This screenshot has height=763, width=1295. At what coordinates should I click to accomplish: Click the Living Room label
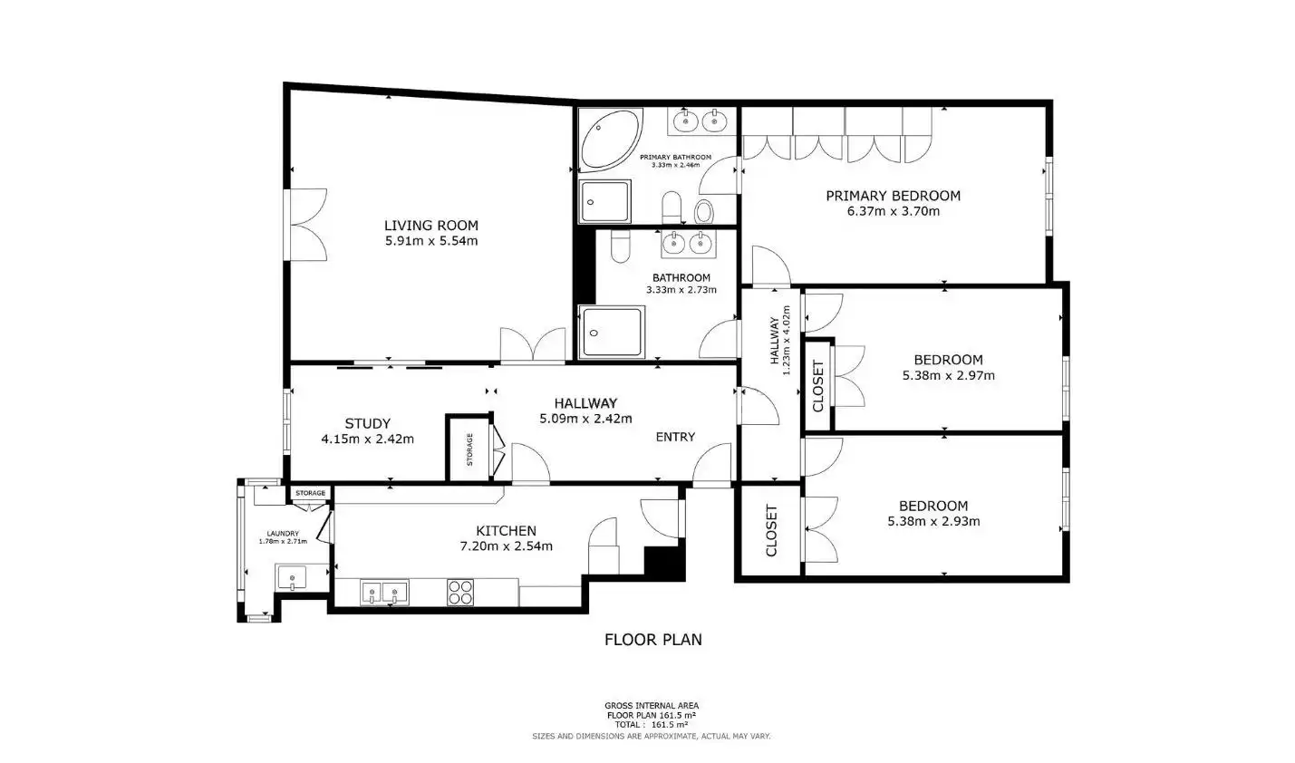[431, 226]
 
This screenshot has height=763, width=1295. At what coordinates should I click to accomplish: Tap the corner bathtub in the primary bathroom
[610, 140]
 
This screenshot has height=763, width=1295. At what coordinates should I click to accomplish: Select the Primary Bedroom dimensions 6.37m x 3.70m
[894, 211]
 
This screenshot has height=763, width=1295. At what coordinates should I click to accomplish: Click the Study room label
[368, 424]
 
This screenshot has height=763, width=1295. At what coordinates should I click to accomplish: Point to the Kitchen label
[506, 531]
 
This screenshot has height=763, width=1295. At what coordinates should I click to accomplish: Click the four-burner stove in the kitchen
[460, 593]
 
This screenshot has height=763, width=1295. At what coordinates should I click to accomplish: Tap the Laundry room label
[283, 534]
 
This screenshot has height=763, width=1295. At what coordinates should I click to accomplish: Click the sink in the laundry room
[292, 577]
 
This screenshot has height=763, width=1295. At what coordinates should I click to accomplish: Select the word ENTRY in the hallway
[675, 437]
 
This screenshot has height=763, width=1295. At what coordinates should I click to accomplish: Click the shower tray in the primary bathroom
[604, 202]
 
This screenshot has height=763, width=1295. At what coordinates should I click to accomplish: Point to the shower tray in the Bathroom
[612, 333]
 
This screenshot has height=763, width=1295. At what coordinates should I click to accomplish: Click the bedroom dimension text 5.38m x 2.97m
[948, 376]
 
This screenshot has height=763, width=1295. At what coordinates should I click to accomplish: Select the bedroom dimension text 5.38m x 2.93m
[933, 521]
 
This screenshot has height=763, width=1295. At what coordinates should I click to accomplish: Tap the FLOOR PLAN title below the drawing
[653, 640]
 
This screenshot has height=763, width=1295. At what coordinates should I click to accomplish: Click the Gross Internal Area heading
[652, 706]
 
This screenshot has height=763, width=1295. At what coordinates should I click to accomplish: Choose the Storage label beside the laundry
[311, 493]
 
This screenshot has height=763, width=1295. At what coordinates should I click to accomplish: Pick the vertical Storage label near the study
[469, 449]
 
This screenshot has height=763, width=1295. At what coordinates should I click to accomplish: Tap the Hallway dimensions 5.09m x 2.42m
[585, 419]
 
